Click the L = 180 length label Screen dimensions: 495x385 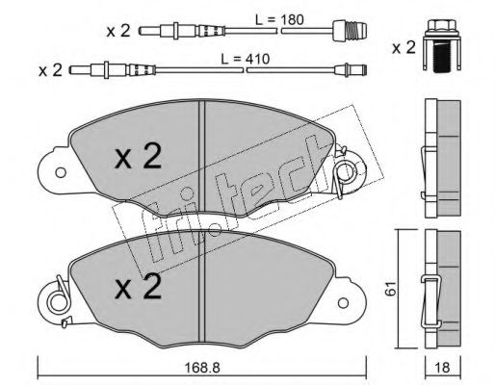coord(279,20)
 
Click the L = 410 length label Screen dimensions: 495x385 coord(246,59)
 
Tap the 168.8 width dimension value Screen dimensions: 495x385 coord(203,368)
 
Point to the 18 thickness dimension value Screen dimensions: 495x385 coord(442,368)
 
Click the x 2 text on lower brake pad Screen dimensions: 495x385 coord(138,287)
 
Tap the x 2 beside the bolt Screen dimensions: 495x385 coord(404,48)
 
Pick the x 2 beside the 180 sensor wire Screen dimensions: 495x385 coord(118,31)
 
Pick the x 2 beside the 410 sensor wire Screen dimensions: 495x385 coord(50,70)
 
